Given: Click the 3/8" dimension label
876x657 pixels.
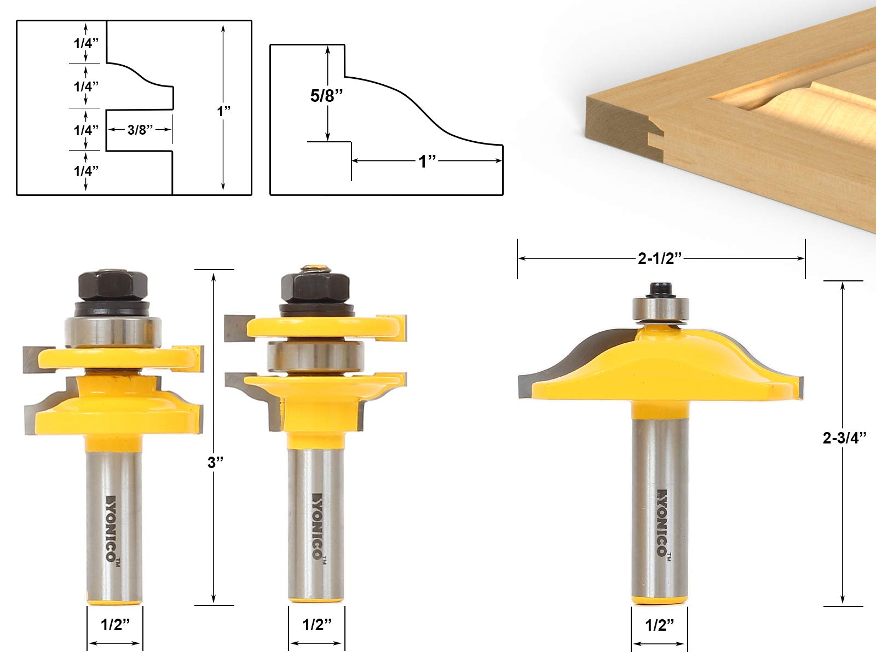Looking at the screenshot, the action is pos(140,130).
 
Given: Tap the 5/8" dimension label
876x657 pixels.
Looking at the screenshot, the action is pos(326,96).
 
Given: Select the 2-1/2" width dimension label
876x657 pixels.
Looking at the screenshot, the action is pos(660,258).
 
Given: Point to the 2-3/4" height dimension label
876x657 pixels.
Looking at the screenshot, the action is pos(844,438).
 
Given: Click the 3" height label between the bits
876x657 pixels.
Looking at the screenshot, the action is pos(216,463).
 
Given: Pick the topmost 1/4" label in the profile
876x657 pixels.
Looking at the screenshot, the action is pos(86,43).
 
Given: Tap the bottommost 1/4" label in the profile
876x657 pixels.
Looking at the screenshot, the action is pos(86,171).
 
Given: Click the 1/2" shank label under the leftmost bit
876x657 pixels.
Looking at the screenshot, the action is pos(116,625).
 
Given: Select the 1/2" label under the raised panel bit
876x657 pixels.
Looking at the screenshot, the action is pos(660,625).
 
